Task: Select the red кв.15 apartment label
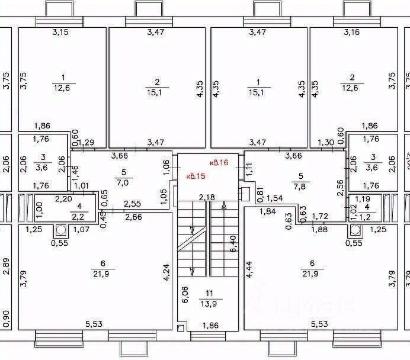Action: tap(197, 176)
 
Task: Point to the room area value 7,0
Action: tap(123, 182)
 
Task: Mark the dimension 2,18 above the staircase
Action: tap(206, 197)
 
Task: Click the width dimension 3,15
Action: tap(60, 32)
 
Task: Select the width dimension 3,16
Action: tap(351, 32)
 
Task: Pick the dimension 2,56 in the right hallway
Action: tap(339, 187)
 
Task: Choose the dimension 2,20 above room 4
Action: tap(65, 200)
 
